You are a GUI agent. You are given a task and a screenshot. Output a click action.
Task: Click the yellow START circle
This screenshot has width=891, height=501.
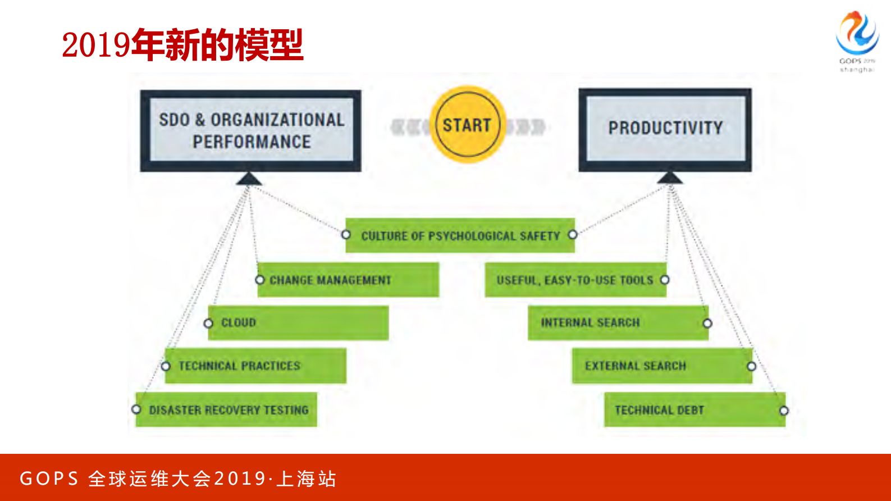[467, 125]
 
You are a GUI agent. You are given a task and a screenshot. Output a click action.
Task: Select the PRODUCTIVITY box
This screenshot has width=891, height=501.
[665, 129]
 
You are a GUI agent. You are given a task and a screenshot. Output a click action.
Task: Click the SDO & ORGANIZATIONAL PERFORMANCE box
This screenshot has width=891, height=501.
[251, 130]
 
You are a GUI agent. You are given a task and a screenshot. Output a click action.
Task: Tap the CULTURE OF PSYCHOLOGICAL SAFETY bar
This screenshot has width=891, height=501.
[460, 235]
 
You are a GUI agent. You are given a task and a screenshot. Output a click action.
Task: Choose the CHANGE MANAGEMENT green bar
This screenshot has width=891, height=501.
[348, 280]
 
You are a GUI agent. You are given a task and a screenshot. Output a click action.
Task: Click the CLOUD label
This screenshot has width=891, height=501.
[239, 323]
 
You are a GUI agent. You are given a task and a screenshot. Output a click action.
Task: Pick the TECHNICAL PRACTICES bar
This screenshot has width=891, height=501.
[255, 366]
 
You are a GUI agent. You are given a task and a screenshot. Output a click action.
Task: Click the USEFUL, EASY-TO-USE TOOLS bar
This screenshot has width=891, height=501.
[575, 280]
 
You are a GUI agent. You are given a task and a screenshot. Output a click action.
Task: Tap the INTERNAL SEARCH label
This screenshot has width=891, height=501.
[590, 323]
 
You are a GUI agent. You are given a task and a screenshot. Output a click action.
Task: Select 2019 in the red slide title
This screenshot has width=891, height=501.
[96, 45]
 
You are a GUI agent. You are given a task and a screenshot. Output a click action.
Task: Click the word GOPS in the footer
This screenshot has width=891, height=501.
[49, 479]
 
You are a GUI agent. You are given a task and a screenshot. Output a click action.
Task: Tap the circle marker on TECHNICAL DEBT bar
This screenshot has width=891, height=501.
[784, 411]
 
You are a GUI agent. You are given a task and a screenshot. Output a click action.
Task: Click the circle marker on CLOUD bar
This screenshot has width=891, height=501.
[208, 324]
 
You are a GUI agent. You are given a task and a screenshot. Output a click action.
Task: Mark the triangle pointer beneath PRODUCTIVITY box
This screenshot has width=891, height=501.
[670, 178]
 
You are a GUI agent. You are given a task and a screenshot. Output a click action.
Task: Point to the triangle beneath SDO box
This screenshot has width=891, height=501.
[249, 179]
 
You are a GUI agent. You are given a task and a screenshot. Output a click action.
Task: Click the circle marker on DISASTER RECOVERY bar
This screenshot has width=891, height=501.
[136, 409]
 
